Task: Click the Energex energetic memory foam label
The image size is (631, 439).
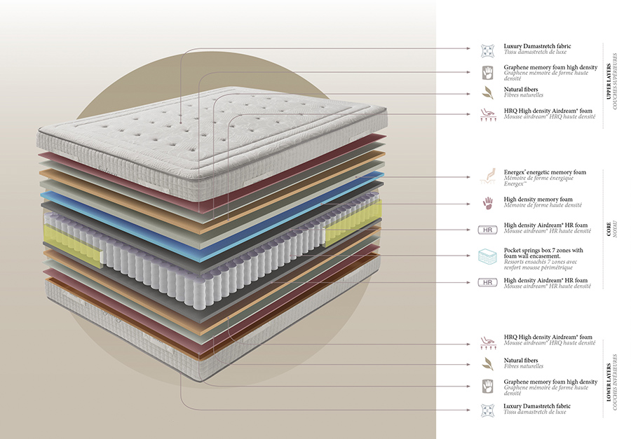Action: coord(544,172)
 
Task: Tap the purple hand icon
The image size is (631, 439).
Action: coord(487,203)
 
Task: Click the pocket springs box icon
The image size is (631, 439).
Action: coord(487,256)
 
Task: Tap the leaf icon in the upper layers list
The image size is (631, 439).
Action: coord(487,92)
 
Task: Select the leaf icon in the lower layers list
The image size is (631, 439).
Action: coord(487,363)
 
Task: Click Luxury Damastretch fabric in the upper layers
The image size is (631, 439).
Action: coord(537,47)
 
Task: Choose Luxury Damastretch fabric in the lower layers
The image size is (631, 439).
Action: coord(537,406)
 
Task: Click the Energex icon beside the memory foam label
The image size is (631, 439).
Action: coord(487,176)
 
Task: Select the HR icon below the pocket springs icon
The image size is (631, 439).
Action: coord(487,283)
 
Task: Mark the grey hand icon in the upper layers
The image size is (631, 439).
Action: coord(487,71)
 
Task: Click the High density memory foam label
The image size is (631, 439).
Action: coord(538,200)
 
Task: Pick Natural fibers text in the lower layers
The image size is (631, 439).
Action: coord(521,360)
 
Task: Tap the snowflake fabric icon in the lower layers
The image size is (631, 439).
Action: coord(487,410)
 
